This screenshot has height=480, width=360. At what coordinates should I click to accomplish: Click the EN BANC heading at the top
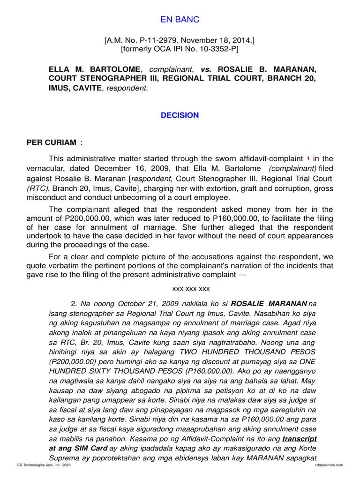click(x=180, y=19)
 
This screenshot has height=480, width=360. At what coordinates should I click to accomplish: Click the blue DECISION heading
click(x=180, y=115)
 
